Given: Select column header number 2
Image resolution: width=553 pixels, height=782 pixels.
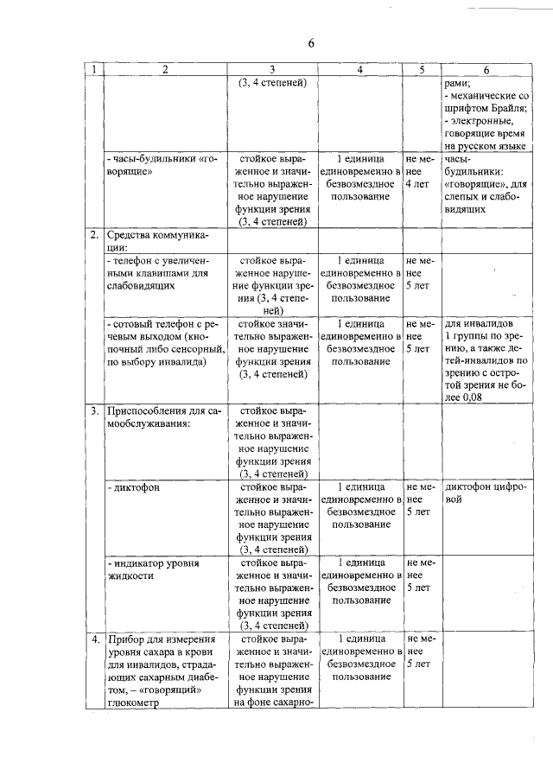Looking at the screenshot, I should coord(164,70).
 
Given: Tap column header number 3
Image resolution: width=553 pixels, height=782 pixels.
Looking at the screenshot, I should coord(272,70).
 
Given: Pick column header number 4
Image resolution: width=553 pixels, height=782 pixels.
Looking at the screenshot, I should coord(361,70).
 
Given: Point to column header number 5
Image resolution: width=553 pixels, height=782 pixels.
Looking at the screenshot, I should coord(423,70).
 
